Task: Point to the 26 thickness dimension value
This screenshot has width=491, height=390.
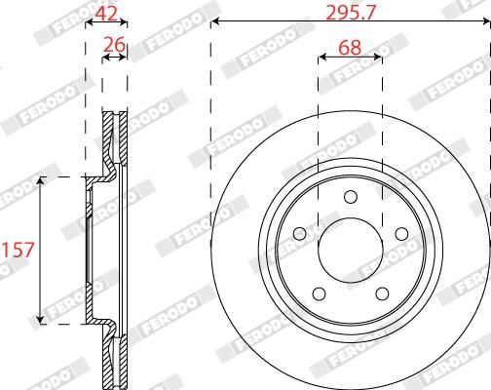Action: (115, 45)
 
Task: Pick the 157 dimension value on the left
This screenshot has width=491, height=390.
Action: (19, 250)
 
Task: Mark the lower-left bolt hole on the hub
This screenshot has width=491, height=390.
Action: (318, 293)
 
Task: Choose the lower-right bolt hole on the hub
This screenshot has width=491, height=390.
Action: (381, 293)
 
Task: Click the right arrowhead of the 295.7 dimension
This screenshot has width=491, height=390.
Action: (484, 20)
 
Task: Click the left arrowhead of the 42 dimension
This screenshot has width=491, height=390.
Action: (90, 20)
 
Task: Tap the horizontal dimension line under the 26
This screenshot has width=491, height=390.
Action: (115, 57)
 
